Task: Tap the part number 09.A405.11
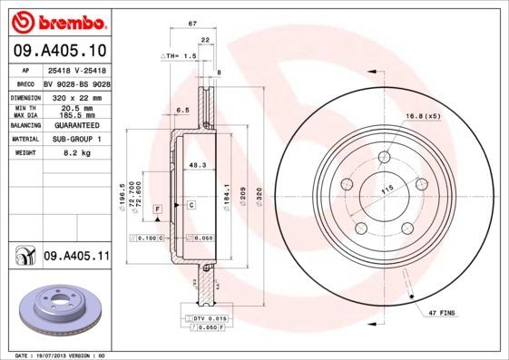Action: click(x=76, y=257)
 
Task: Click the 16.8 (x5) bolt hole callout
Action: click(x=423, y=116)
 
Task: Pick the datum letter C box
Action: click(x=191, y=206)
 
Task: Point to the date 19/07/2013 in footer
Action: click(x=57, y=355)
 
